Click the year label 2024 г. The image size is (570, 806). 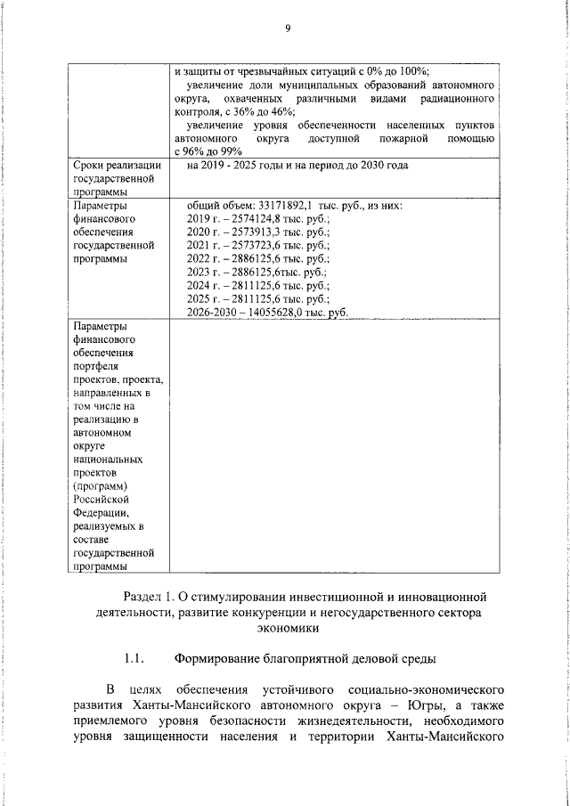coord(201,285)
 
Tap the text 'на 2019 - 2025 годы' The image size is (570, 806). coord(235,166)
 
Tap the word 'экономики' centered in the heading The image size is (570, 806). coord(288,628)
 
